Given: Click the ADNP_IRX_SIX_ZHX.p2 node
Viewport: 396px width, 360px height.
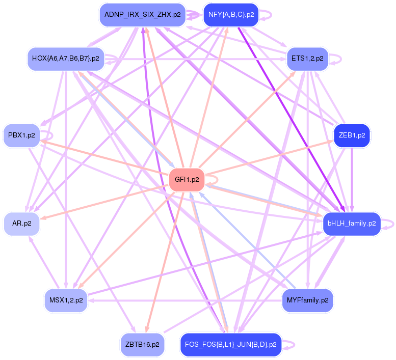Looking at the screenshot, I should click(142, 15).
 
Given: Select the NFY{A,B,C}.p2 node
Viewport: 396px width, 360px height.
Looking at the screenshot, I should click(231, 15).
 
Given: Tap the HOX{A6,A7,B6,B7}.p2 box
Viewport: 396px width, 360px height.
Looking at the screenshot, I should click(65, 59).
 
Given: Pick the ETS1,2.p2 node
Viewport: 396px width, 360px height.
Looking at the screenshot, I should click(307, 59).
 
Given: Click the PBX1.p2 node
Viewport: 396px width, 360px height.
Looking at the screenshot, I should click(21, 135).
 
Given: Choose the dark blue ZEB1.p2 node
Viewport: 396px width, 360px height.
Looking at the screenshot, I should click(352, 135).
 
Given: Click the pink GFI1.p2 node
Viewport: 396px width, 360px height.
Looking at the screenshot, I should click(187, 179).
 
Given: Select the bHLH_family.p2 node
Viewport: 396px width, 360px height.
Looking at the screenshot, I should click(352, 224).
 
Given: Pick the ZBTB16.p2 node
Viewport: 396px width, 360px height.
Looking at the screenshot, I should click(142, 345).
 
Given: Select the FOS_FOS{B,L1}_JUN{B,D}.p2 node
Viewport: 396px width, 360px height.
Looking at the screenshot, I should click(231, 345).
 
